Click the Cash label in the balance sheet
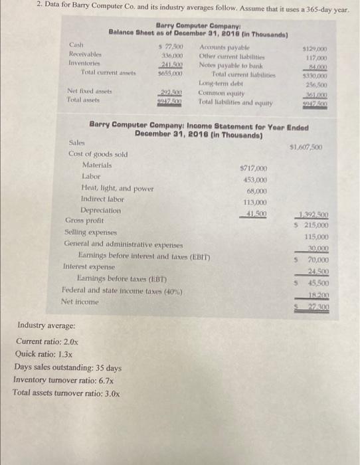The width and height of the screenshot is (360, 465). click(x=76, y=45)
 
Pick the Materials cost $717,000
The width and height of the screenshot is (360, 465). click(x=256, y=169)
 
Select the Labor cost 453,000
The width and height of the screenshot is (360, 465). click(x=256, y=180)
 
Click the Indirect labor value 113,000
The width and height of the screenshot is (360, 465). click(x=256, y=202)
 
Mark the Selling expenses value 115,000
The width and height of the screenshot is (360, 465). click(x=319, y=236)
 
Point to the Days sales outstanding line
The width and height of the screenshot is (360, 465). click(x=68, y=367)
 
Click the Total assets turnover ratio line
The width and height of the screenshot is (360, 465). click(x=66, y=393)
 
